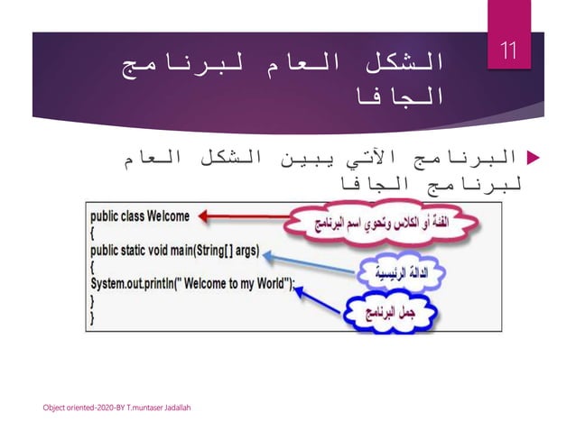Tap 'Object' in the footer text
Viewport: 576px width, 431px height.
coord(55,408)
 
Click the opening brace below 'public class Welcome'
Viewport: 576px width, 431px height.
coord(93,234)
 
